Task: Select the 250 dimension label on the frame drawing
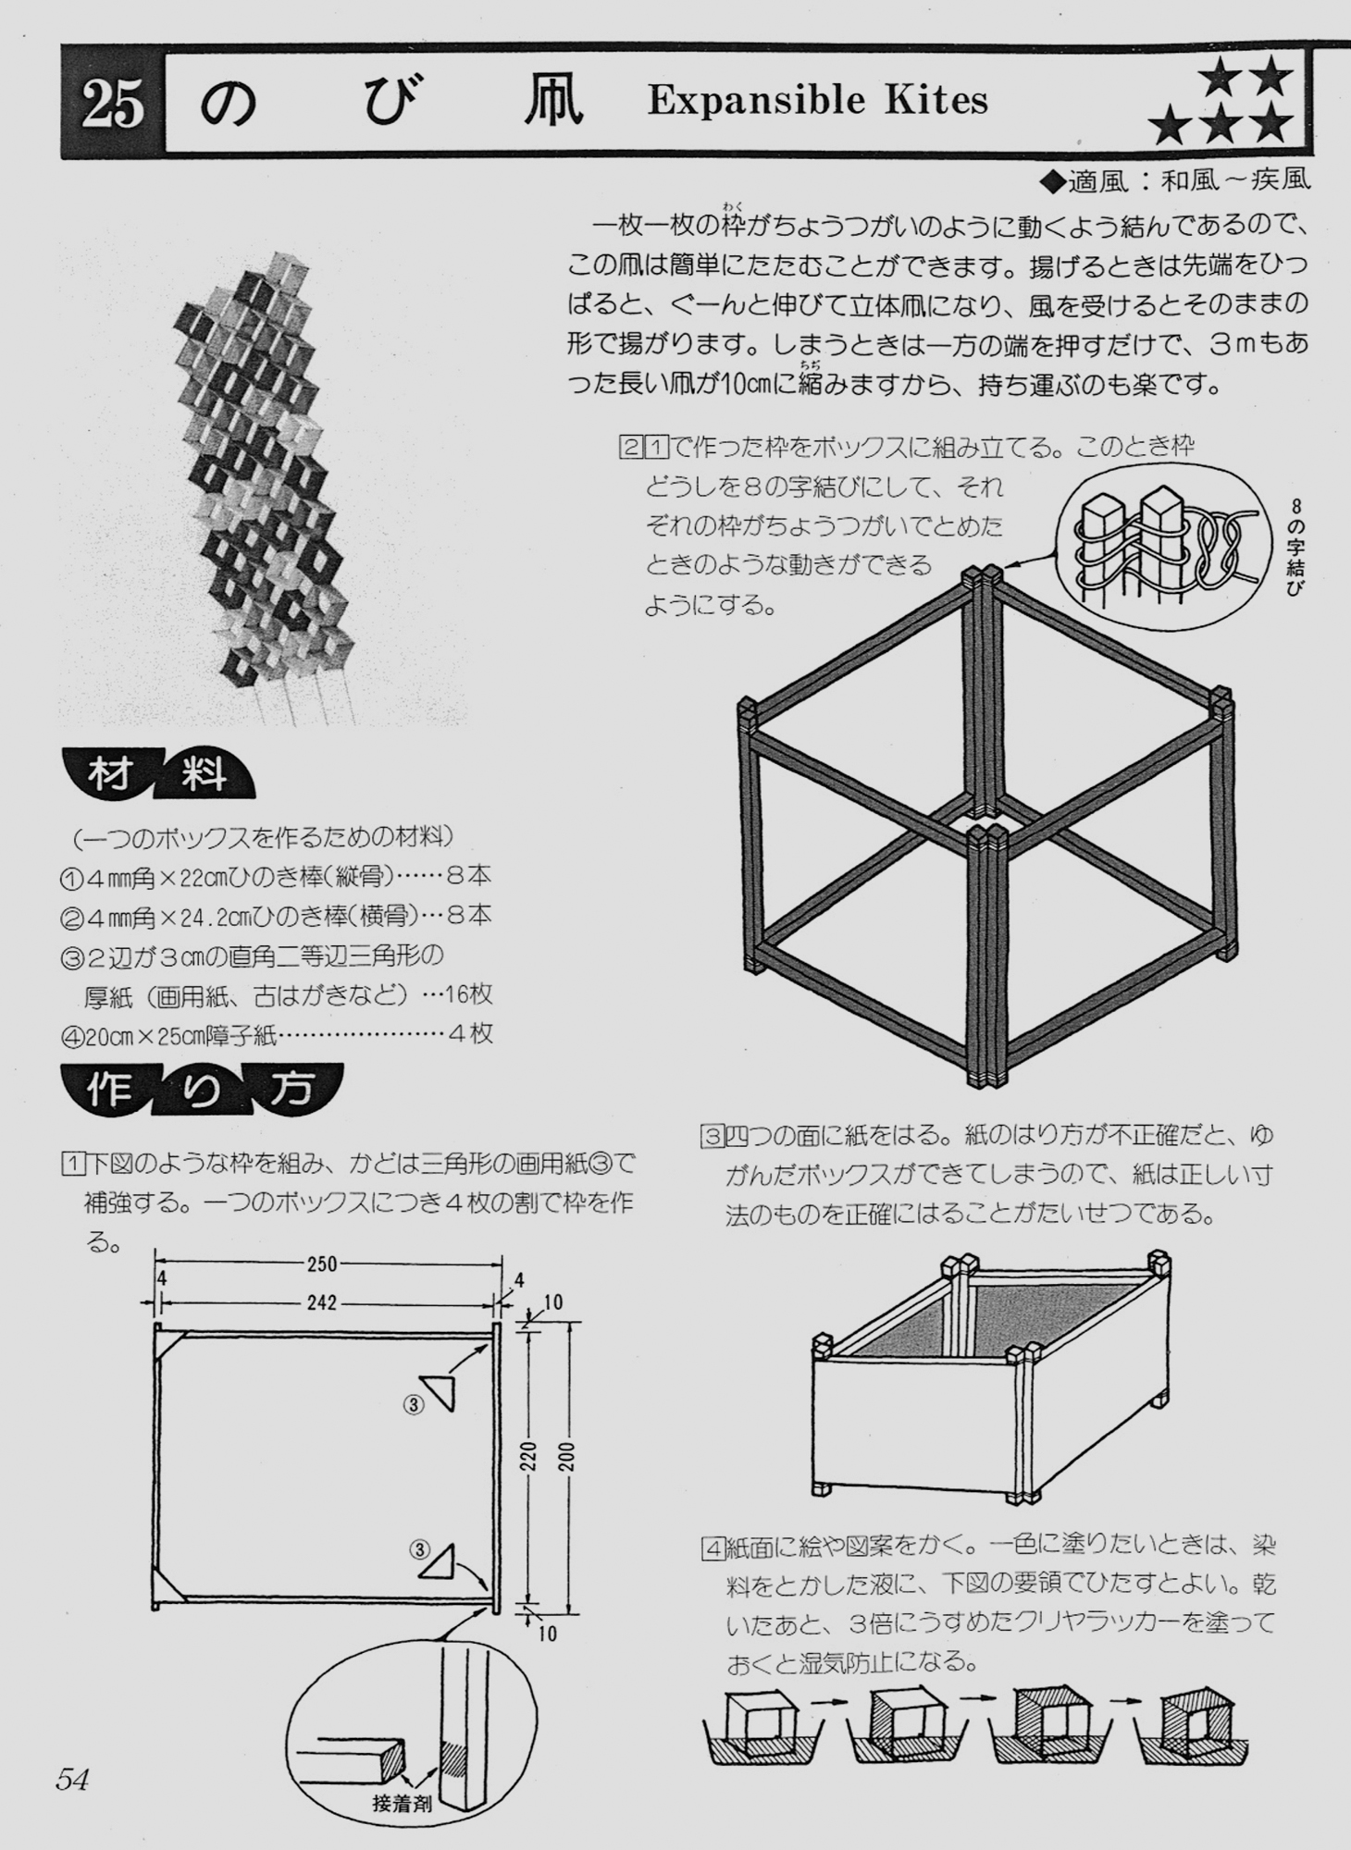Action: (x=322, y=1264)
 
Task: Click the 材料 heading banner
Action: (x=158, y=773)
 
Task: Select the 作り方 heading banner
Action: (x=202, y=1089)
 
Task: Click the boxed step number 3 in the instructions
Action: (x=711, y=1135)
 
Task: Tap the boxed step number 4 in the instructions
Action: (x=713, y=1548)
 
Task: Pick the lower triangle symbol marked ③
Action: (x=440, y=1562)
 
